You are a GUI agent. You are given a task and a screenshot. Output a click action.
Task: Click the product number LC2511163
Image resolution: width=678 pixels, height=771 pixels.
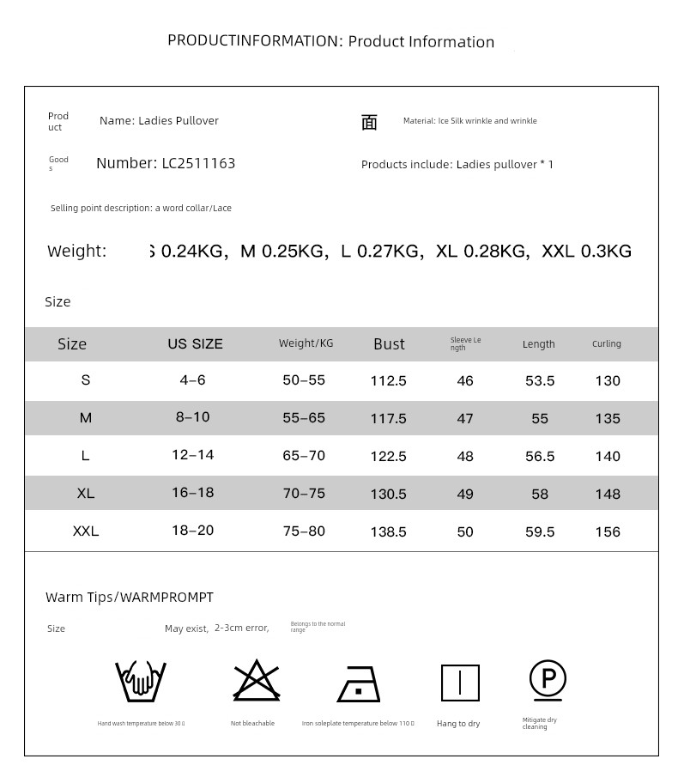click(198, 163)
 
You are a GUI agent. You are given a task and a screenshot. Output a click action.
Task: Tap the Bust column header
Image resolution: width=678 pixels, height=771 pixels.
click(389, 344)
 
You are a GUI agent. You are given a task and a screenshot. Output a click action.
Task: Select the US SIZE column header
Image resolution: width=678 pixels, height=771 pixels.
click(195, 343)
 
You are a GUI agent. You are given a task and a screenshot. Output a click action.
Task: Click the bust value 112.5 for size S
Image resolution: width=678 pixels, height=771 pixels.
click(388, 380)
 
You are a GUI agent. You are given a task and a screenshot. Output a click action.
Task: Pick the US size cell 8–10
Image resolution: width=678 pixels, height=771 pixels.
click(192, 417)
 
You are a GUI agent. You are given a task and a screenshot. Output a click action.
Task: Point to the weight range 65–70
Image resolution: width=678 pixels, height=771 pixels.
click(304, 456)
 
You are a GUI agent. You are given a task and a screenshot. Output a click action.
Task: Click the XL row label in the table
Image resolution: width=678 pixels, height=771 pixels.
click(85, 494)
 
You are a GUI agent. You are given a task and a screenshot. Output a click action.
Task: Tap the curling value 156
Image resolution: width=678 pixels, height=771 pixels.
click(607, 531)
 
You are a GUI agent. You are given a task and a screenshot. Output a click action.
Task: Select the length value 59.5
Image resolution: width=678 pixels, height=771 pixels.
click(539, 531)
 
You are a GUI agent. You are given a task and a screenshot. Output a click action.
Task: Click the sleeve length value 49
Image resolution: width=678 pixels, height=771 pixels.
click(465, 494)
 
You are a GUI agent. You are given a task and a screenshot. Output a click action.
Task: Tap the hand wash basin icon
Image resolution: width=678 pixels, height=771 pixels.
click(141, 682)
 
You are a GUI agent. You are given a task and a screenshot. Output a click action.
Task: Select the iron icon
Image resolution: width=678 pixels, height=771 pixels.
click(359, 684)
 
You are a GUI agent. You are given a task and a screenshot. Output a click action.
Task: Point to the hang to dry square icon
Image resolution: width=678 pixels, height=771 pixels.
click(460, 683)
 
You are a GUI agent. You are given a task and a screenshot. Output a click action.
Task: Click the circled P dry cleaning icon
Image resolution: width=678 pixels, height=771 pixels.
click(547, 680)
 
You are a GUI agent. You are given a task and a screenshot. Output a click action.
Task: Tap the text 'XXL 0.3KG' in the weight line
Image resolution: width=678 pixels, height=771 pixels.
click(586, 252)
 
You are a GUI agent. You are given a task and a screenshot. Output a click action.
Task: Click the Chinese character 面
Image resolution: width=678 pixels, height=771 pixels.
click(369, 123)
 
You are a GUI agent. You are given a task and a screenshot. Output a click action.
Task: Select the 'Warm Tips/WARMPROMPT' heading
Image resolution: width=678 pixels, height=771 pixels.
click(130, 597)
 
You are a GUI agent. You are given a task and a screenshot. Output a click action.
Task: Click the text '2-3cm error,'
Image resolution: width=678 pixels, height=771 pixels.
click(241, 628)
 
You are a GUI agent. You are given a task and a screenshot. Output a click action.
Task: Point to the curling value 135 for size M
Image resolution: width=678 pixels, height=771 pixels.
click(607, 418)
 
